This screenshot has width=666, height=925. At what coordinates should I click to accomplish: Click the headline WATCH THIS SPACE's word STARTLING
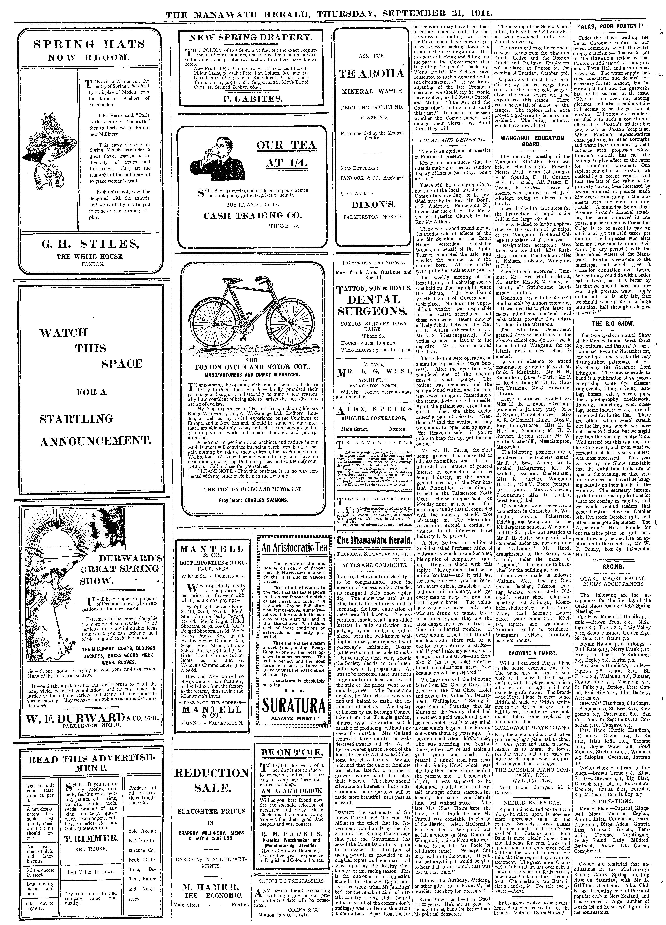coord(76,419)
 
